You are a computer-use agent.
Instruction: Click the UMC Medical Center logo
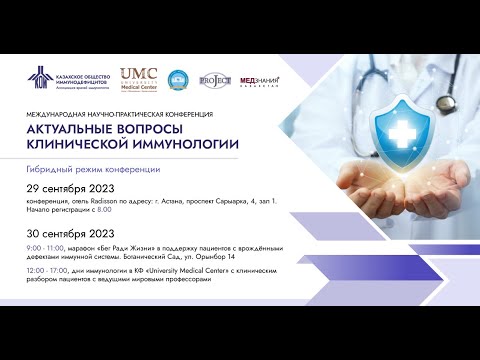[x=141, y=78]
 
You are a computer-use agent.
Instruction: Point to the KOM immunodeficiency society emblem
[x=39, y=79]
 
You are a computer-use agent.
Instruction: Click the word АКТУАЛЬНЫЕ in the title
[x=77, y=127]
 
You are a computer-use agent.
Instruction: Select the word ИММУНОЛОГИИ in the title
[x=189, y=144]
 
